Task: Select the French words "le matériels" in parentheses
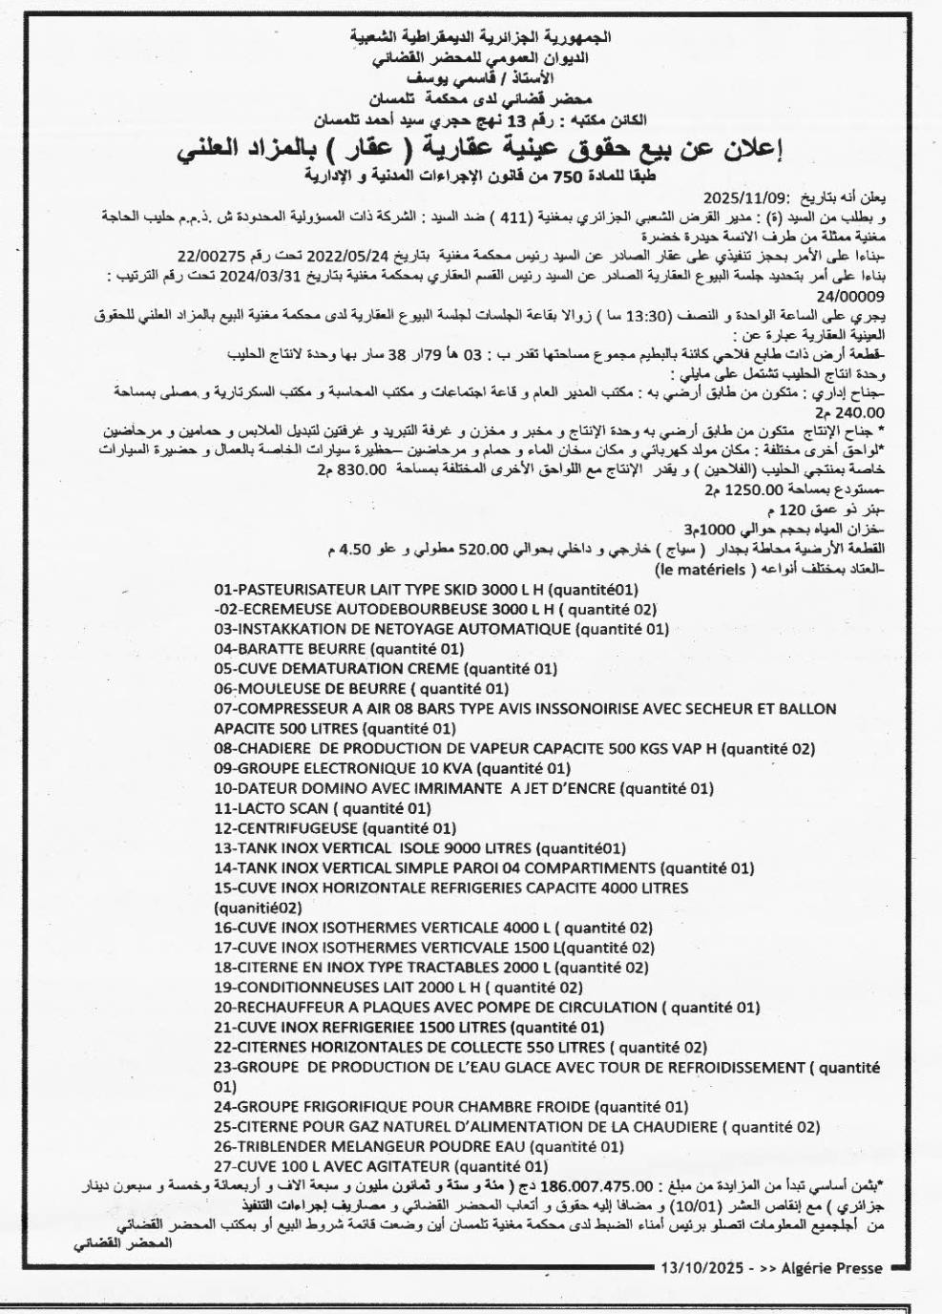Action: coord(705,570)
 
